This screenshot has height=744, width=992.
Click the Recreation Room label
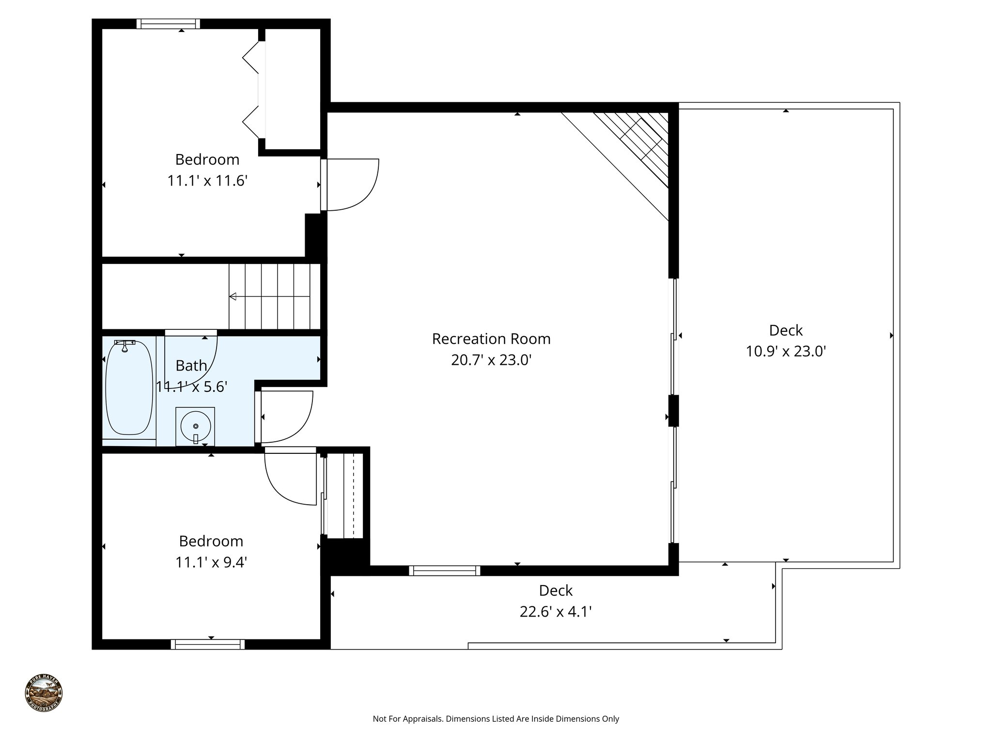click(491, 339)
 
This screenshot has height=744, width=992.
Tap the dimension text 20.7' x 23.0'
click(491, 360)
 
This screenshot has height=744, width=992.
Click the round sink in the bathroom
click(196, 425)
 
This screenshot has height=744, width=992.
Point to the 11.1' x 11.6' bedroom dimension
click(207, 181)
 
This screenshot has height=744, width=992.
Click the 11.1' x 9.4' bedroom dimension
click(211, 562)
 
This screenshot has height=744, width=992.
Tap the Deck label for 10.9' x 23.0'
click(786, 330)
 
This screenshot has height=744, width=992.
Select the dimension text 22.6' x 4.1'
click(556, 612)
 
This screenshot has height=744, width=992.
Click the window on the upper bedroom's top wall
click(168, 24)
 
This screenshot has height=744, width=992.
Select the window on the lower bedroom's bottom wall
click(207, 644)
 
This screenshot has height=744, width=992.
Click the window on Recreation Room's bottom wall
click(445, 571)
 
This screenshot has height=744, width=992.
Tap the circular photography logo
click(44, 694)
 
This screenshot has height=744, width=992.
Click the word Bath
click(191, 366)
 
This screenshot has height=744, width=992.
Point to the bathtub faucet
click(124, 345)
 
